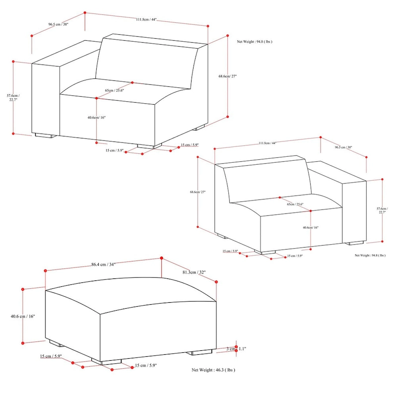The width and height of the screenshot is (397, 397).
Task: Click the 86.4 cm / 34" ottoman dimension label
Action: pyautogui.click(x=103, y=265)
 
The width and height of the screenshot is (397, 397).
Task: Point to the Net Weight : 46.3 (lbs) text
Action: pyautogui.click(x=213, y=370)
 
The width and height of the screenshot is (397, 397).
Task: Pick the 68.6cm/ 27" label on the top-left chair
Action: pyautogui.click(x=228, y=76)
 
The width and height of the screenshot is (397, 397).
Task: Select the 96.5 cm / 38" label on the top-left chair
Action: pyautogui.click(x=58, y=24)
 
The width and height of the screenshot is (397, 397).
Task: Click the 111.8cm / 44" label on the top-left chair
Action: pyautogui.click(x=146, y=20)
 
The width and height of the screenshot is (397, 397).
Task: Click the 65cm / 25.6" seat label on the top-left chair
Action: pyautogui.click(x=115, y=90)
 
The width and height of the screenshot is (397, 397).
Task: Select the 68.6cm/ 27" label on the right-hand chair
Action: pyautogui.click(x=198, y=193)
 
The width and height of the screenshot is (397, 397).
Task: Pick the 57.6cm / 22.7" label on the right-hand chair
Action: pyautogui.click(x=382, y=210)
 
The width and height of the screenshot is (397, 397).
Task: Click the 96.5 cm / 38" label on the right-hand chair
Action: pyautogui.click(x=343, y=147)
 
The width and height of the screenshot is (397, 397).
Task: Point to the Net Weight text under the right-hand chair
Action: pyautogui.click(x=370, y=255)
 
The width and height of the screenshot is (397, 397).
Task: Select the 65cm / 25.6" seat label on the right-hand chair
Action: pyautogui.click(x=296, y=204)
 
